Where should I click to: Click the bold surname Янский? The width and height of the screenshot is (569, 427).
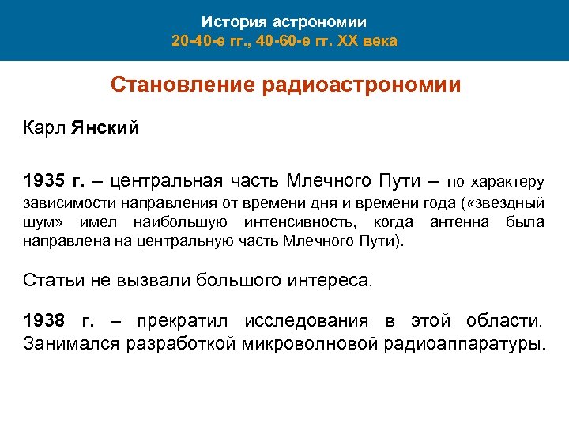(x=104, y=128)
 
